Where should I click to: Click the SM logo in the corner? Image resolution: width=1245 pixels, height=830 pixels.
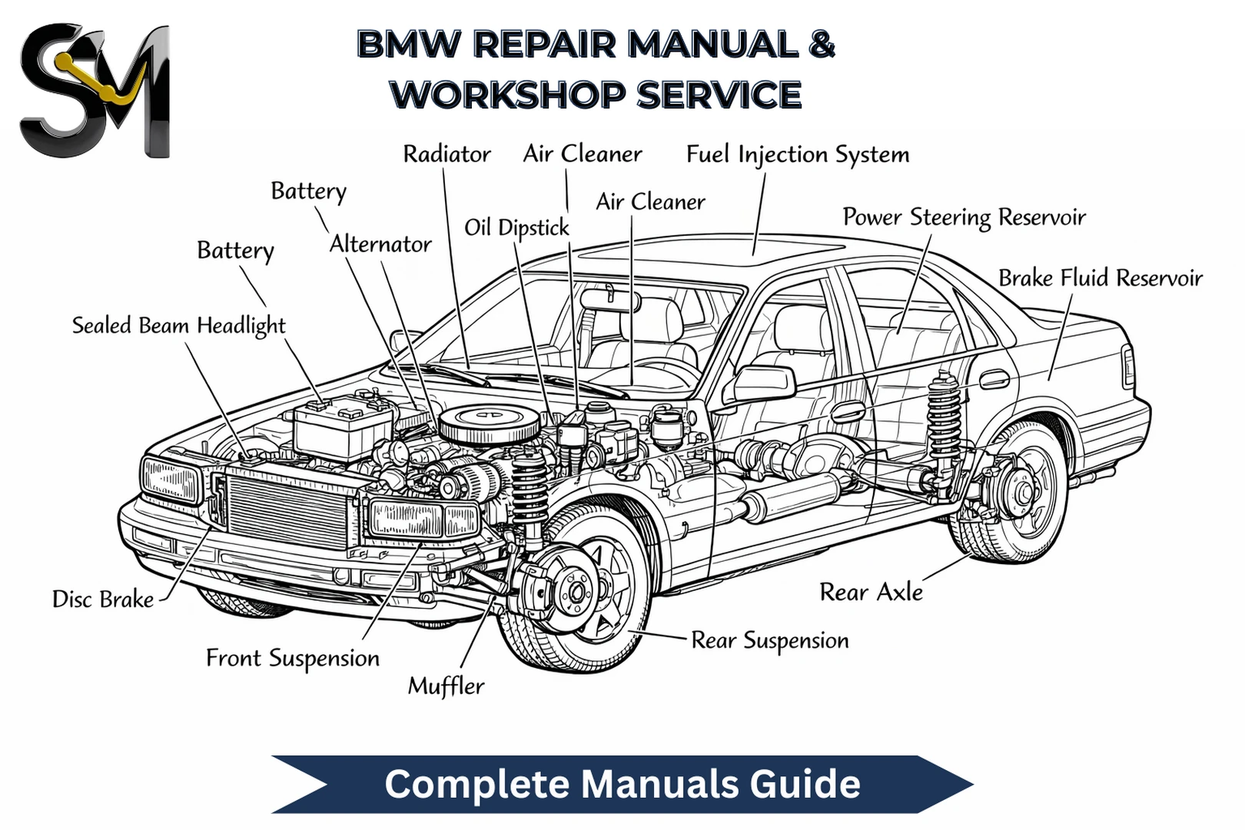pyautogui.click(x=94, y=91)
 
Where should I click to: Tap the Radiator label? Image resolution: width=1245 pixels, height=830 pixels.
pyautogui.click(x=447, y=154)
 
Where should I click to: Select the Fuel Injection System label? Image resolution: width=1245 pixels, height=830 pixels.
pyautogui.click(x=797, y=154)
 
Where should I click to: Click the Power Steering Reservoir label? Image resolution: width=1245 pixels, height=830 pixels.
pyautogui.click(x=964, y=217)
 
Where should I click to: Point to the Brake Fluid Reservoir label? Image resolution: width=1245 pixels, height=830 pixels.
pyautogui.click(x=1100, y=277)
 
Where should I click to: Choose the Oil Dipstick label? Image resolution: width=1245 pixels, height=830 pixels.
pyautogui.click(x=516, y=227)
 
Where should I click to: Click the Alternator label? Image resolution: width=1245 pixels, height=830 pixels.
pyautogui.click(x=380, y=244)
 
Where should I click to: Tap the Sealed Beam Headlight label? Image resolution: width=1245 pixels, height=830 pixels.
pyautogui.click(x=178, y=326)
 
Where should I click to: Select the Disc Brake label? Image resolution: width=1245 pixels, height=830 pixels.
pyautogui.click(x=103, y=599)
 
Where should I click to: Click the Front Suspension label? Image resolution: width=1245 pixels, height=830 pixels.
pyautogui.click(x=292, y=659)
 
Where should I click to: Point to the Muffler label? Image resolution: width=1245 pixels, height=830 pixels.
pyautogui.click(x=446, y=686)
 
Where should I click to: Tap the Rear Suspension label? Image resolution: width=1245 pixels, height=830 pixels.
pyautogui.click(x=769, y=641)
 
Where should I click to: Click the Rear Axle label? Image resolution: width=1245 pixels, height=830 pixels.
pyautogui.click(x=871, y=593)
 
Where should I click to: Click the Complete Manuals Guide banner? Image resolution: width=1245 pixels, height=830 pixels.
pyautogui.click(x=622, y=785)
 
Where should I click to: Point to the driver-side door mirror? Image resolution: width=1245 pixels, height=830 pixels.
pyautogui.click(x=765, y=382)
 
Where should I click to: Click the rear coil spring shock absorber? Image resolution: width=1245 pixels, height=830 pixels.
pyautogui.click(x=944, y=419)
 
